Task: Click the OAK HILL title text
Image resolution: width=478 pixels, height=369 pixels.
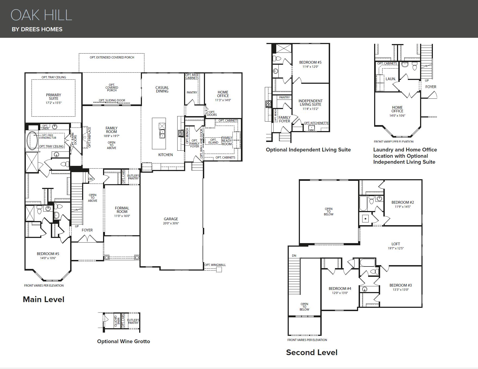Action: (41, 15)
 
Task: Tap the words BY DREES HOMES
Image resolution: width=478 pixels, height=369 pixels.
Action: (37, 29)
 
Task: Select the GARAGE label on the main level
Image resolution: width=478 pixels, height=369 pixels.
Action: (171, 219)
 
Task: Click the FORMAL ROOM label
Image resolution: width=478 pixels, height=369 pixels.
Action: (122, 210)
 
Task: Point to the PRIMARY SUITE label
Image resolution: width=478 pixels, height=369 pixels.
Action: (54, 97)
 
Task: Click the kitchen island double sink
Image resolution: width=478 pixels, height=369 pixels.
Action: (162, 134)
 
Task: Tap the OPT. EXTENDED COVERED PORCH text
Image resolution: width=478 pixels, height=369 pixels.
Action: (112, 57)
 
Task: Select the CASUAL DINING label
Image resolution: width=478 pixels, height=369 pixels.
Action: (162, 89)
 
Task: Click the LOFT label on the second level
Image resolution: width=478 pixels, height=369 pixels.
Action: (396, 244)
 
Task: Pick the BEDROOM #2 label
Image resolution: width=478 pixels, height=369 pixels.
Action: (402, 202)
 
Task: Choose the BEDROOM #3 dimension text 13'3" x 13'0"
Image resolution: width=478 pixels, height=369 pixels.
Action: (401, 290)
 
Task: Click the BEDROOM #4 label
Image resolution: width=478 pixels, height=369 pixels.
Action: (340, 289)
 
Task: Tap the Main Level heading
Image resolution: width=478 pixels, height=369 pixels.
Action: (44, 299)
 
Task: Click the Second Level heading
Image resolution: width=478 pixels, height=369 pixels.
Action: (312, 352)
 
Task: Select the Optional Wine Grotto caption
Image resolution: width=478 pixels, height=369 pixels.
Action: (123, 341)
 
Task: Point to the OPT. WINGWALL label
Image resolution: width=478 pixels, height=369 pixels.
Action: (215, 265)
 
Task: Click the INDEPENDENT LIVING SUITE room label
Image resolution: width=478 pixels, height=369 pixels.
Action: (310, 103)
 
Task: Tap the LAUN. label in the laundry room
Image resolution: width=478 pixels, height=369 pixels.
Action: (390, 79)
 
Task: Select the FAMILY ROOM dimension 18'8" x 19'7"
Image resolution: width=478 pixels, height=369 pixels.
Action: (111, 136)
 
